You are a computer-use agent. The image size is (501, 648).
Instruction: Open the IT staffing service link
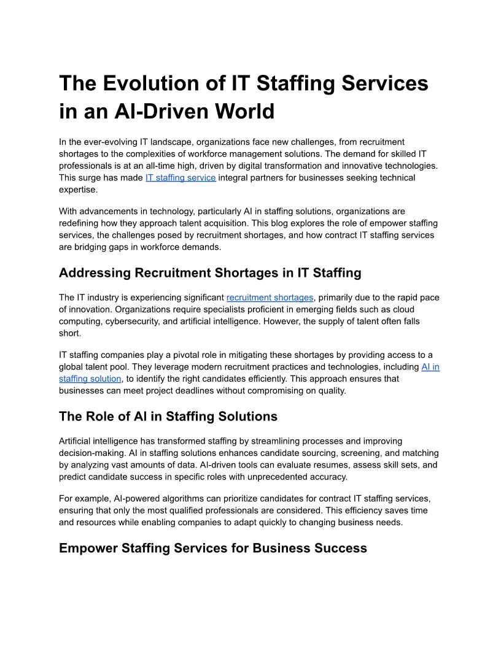181,177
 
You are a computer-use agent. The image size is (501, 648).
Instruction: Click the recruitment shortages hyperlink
270,298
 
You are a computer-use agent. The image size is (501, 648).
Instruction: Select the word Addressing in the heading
95,272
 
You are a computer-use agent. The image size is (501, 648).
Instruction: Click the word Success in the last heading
341,548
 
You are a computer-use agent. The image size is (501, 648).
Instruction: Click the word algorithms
176,498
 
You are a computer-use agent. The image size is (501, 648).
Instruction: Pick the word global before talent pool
72,367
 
